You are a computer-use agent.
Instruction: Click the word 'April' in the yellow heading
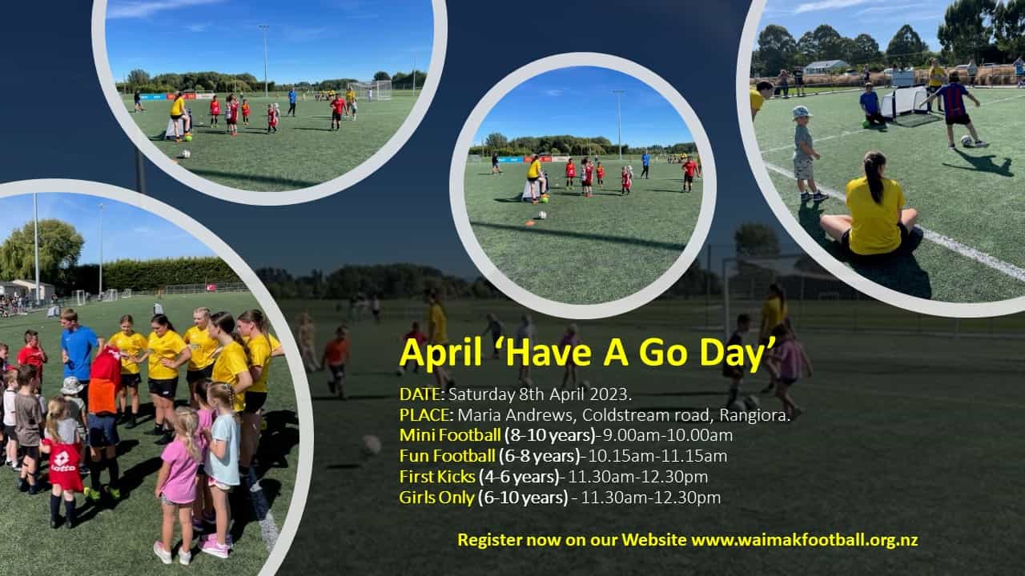tap(440, 354)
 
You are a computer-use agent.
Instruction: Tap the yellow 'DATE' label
tap(420, 394)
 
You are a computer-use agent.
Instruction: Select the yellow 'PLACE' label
tap(424, 415)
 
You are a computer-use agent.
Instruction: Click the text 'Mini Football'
tap(450, 435)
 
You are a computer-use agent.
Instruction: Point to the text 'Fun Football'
tap(447, 456)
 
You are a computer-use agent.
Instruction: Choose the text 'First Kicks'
tap(437, 477)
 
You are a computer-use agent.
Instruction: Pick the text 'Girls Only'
tap(436, 498)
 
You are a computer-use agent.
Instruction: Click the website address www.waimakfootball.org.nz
tap(805, 540)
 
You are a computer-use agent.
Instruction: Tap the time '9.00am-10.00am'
tap(667, 435)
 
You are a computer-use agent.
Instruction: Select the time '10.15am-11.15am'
tap(657, 456)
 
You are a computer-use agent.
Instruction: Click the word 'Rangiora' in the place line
tap(753, 415)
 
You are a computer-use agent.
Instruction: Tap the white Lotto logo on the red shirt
tap(62, 462)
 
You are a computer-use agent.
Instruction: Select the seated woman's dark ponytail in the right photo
tap(875, 176)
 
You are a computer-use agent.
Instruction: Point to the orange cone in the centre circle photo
tap(530, 223)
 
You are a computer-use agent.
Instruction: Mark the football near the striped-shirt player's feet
tap(967, 141)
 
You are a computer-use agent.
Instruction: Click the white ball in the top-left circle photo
tap(185, 154)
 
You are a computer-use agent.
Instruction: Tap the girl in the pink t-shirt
tap(178, 485)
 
